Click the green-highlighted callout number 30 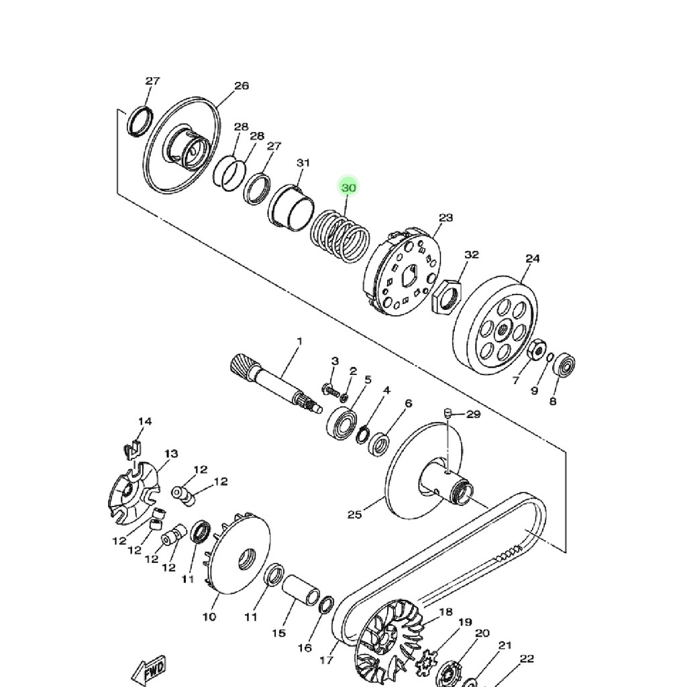tap(348, 188)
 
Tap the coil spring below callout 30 tap(340, 236)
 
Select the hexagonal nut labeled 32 tap(446, 297)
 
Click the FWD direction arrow tap(150, 671)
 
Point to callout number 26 tap(242, 86)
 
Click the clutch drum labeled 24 tap(495, 325)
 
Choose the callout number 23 tap(445, 218)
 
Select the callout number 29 tap(473, 414)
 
